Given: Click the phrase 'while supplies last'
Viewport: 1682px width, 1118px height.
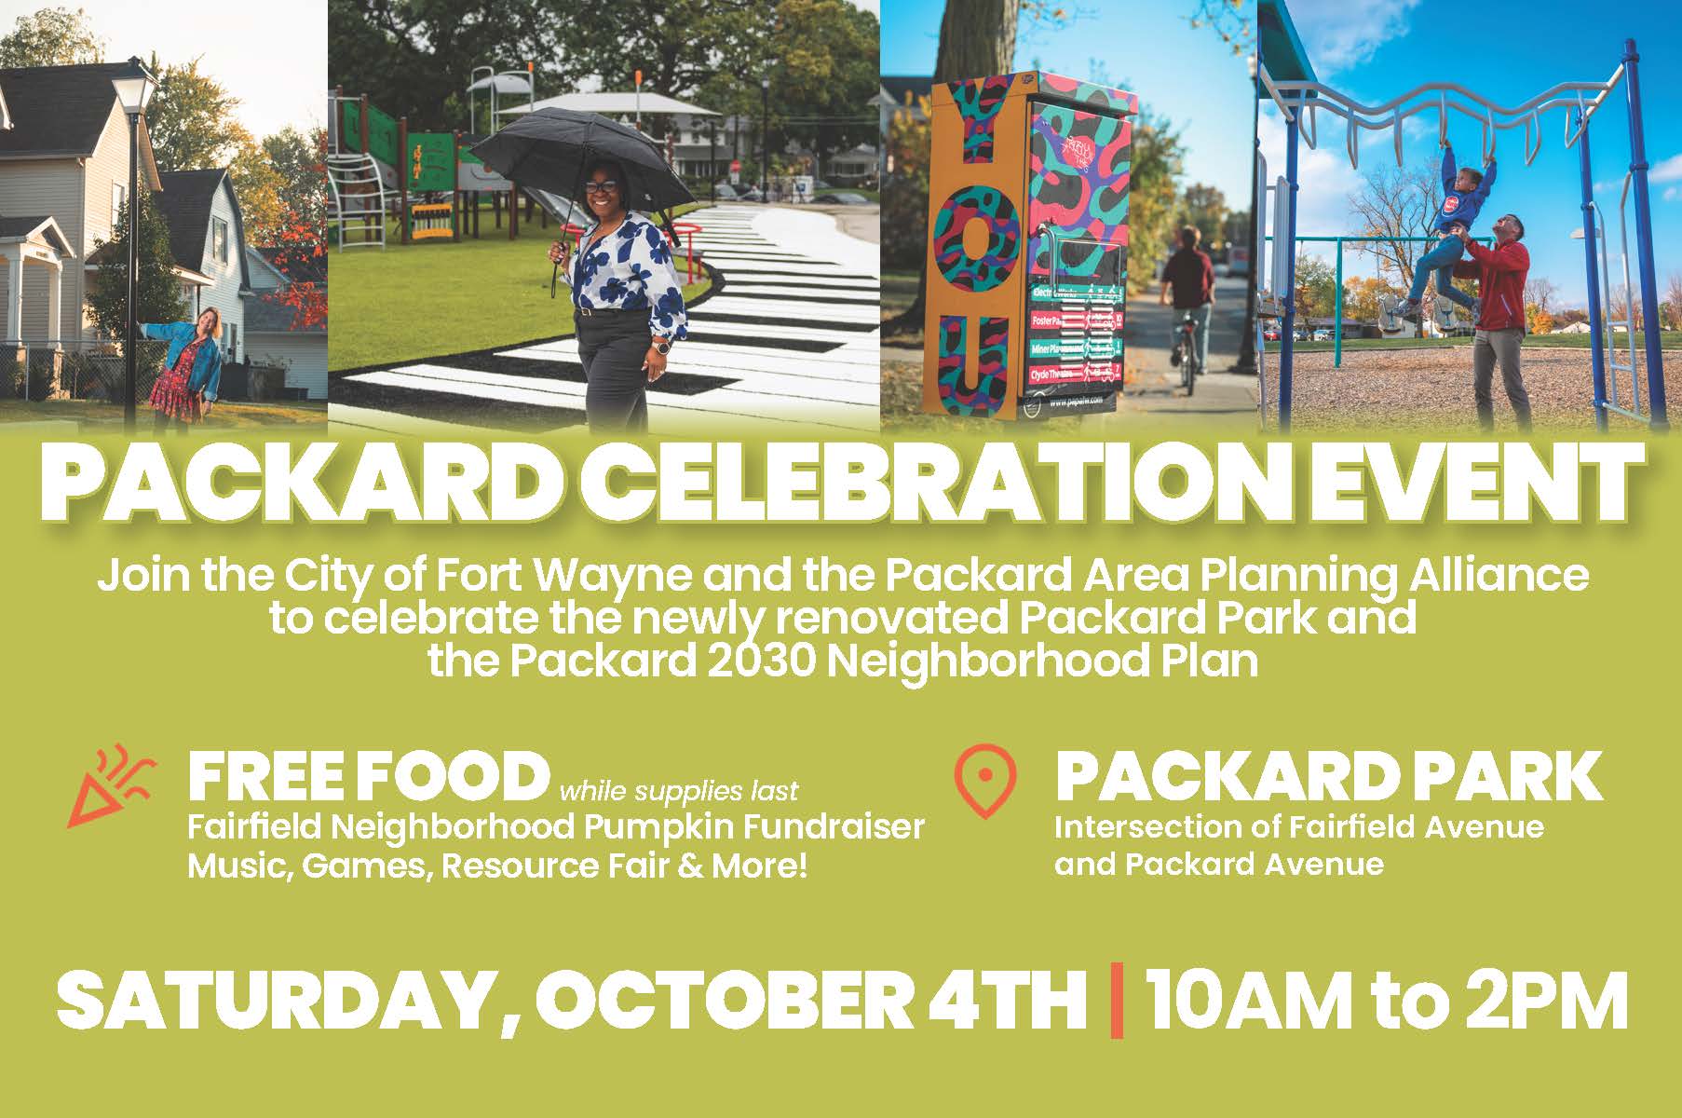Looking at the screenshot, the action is click(x=678, y=792).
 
